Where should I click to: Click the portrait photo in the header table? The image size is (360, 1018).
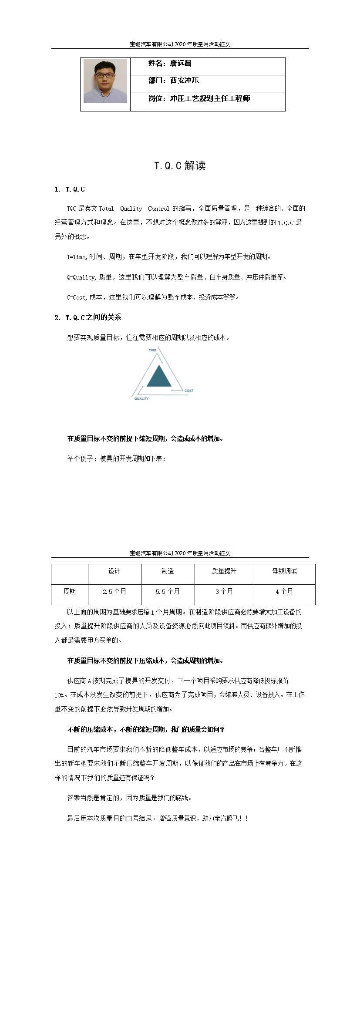point(105,81)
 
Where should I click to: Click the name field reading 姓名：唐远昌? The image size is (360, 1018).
point(170,64)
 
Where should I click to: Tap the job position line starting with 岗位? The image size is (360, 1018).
point(199,99)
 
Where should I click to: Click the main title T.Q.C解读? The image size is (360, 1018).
point(180,165)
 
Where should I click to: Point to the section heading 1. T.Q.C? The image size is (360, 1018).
point(70,189)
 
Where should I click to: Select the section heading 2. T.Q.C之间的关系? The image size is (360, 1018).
point(88,317)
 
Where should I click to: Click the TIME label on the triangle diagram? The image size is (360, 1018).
point(152,350)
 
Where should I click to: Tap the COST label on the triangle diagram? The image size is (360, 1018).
point(189,391)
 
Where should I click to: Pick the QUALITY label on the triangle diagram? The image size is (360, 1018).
point(141,398)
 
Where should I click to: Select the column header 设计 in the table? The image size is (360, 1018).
point(114,571)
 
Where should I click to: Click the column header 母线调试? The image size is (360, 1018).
point(284,571)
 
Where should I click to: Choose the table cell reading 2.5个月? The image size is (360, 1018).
point(114,592)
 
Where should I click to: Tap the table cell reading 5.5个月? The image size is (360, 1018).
point(168,592)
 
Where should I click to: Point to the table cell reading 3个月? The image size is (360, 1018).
point(224,592)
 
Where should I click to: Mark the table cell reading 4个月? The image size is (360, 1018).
point(284,592)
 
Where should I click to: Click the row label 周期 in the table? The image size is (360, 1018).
point(70,592)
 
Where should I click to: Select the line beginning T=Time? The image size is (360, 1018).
point(169,257)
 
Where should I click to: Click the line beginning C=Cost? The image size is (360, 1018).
point(153,297)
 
